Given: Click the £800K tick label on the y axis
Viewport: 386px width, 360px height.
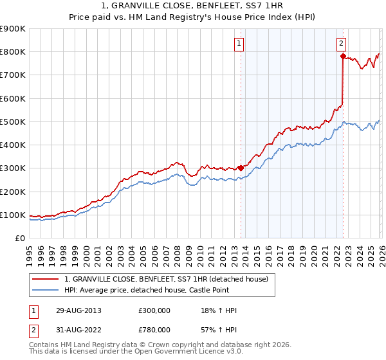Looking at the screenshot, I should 13,52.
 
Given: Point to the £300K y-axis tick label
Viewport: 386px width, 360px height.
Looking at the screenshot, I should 13,168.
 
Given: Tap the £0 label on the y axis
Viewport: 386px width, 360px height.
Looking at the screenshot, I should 21,239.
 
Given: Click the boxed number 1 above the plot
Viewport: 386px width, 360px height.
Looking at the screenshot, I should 239,44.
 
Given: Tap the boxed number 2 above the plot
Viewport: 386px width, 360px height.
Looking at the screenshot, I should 340,44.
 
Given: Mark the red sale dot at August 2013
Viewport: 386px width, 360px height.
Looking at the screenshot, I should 241,168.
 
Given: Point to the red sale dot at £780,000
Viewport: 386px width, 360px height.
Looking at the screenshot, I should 343,57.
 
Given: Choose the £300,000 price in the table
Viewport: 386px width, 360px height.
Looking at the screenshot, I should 154,310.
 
